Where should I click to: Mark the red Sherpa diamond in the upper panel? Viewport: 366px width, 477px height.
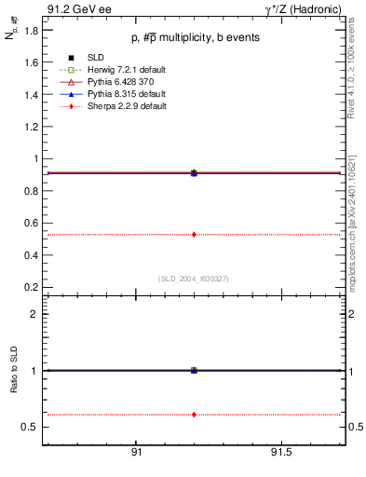pyautogui.click(x=194, y=234)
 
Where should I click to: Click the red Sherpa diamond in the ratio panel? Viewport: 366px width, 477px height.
pyautogui.click(x=194, y=414)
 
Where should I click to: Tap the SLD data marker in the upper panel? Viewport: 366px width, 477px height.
pyautogui.click(x=194, y=173)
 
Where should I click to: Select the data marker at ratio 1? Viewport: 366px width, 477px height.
pyautogui.click(x=194, y=370)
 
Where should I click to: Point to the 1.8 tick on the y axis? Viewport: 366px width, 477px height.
pyautogui.click(x=32, y=31)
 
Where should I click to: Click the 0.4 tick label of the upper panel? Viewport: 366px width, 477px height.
pyautogui.click(x=32, y=254)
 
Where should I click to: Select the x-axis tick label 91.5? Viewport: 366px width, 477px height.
pyautogui.click(x=282, y=452)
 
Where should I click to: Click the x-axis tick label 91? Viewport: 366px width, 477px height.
pyautogui.click(x=136, y=452)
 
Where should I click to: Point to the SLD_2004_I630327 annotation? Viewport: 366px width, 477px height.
pyautogui.click(x=193, y=278)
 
